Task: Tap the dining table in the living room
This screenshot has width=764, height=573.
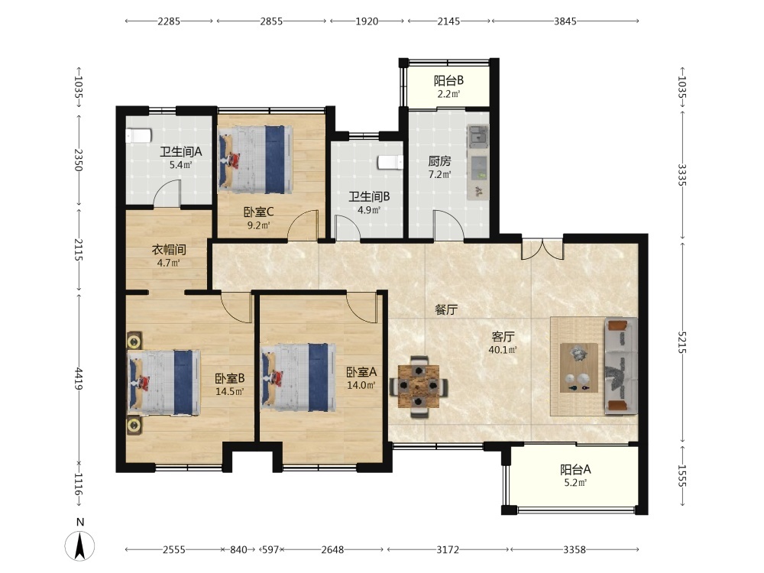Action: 419,387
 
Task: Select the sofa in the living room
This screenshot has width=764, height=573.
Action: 620,366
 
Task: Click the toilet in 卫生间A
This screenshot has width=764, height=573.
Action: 139,135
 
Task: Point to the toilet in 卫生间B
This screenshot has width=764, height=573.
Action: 390,162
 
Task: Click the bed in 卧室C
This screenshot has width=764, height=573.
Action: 256,160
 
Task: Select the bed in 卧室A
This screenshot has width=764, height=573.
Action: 299,377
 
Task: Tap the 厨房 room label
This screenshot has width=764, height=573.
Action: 439,160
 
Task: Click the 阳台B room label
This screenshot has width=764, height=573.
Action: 448,80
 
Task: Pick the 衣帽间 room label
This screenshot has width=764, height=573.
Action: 169,250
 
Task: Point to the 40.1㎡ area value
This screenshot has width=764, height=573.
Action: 503,349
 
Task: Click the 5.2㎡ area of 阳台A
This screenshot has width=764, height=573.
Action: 575,482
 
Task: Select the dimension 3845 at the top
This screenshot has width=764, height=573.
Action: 565,21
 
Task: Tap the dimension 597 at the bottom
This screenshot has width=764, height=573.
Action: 270,549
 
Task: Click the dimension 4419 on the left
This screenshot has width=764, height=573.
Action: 79,379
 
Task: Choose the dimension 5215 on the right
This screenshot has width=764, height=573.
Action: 681,342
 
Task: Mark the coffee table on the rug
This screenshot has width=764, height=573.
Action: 579,368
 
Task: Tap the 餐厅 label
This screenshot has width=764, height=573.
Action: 446,309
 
